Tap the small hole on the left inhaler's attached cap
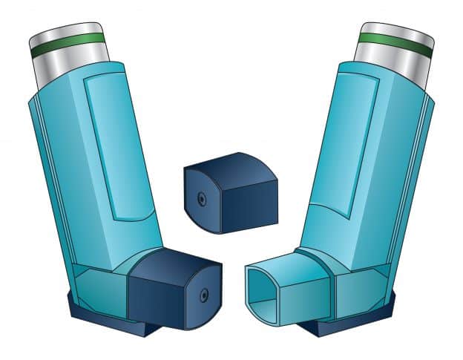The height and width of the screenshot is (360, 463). coord(203,295)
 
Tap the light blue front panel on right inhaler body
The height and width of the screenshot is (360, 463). coord(349,148)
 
